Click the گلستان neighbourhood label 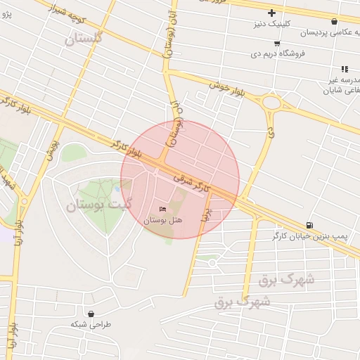84,39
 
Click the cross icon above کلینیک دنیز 272,13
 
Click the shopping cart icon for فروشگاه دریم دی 277,43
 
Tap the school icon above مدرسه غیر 345,69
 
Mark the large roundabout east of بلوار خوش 271,105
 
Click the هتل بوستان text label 163,220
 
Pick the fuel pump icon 310,225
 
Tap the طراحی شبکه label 91,325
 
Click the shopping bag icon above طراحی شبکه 91,314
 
